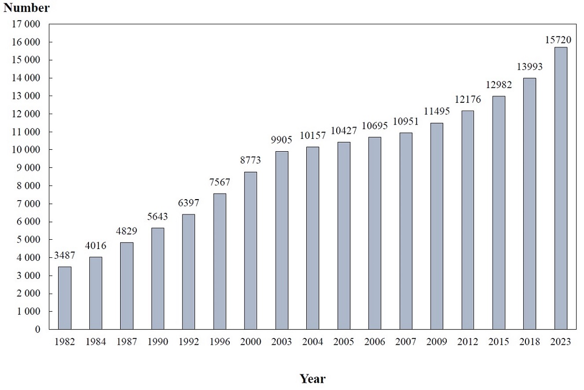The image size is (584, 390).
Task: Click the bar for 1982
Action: pos(65,298)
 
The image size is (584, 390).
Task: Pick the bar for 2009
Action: pos(436,226)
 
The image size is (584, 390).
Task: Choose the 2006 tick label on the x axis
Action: pos(375,342)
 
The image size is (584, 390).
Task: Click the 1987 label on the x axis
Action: pos(126,342)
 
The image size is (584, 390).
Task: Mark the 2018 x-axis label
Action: pos(530,342)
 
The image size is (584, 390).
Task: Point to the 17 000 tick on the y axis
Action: pos(29,24)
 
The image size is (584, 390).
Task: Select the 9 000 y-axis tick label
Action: pos(31,168)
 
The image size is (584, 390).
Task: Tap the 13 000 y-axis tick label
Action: pos(29,96)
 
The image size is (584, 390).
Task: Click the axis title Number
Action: pos(27,8)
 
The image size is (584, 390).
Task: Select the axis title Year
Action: pos(313,379)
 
